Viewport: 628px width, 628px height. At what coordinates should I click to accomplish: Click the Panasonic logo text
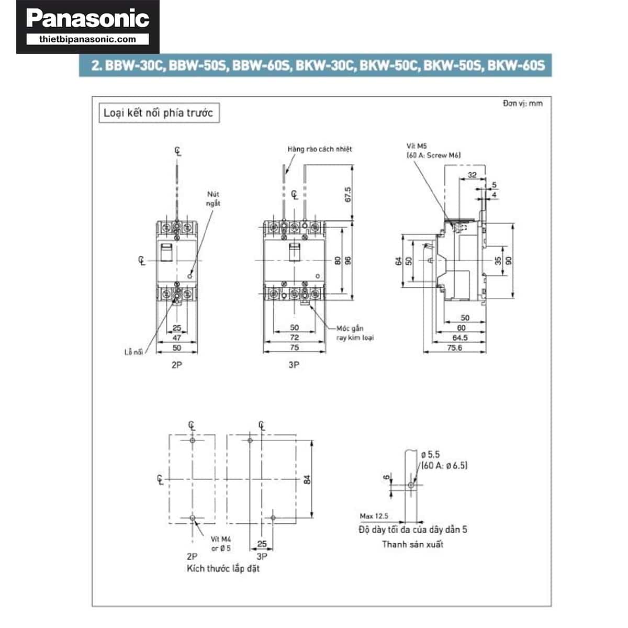pos(87,19)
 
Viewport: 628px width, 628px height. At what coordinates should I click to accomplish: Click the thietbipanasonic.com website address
pos(87,39)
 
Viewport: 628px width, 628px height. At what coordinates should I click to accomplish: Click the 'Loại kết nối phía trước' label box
pos(159,113)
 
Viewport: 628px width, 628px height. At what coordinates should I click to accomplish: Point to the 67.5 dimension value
pos(348,194)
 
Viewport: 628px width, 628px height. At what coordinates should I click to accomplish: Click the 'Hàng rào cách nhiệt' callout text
pos(319,149)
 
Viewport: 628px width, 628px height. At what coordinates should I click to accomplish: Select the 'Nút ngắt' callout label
pos(213,199)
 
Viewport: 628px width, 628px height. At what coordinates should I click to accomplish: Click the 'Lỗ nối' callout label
pos(133,352)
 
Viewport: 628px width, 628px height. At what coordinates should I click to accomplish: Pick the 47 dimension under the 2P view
pos(177,338)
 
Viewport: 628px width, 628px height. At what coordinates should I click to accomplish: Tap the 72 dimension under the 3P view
pos(294,338)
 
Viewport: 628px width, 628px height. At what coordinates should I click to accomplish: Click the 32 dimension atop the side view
pos(472,175)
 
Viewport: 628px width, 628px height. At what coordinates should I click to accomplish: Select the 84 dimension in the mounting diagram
pos(307,479)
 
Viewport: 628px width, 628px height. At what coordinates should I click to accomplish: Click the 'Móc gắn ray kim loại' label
pos(354,333)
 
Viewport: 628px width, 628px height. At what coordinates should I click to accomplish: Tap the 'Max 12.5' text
pos(374,516)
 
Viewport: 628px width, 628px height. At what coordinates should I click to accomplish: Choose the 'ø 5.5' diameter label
pos(430,455)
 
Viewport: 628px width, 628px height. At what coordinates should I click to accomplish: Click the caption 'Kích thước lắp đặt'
pos(223,568)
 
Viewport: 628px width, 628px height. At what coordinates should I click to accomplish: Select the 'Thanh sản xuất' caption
pos(412,544)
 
